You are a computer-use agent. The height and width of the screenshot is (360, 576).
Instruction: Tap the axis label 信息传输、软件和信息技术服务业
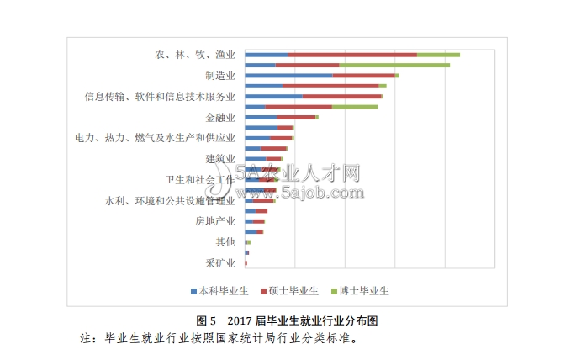(160, 97)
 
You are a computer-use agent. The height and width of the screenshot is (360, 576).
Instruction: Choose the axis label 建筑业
(220, 159)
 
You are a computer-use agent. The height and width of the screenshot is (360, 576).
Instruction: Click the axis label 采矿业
(220, 263)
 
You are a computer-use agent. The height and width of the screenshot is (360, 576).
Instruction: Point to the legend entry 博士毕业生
(363, 291)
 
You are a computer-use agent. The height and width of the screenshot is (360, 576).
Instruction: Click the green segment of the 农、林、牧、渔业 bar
(438, 55)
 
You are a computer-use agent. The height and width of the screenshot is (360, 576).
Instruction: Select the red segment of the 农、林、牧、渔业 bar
(352, 55)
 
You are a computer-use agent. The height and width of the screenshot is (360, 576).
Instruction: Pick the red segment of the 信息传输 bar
(341, 97)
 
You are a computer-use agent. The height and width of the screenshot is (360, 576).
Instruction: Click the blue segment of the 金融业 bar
(261, 118)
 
